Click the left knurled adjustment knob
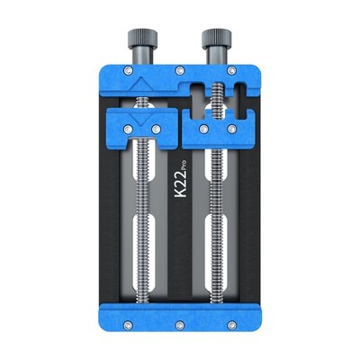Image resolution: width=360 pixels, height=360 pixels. (x=143, y=40)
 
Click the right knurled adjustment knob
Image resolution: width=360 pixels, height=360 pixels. (x=215, y=40)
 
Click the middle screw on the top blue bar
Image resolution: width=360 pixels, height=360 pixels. (x=179, y=70)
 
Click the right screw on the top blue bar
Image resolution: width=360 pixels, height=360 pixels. (x=232, y=70)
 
